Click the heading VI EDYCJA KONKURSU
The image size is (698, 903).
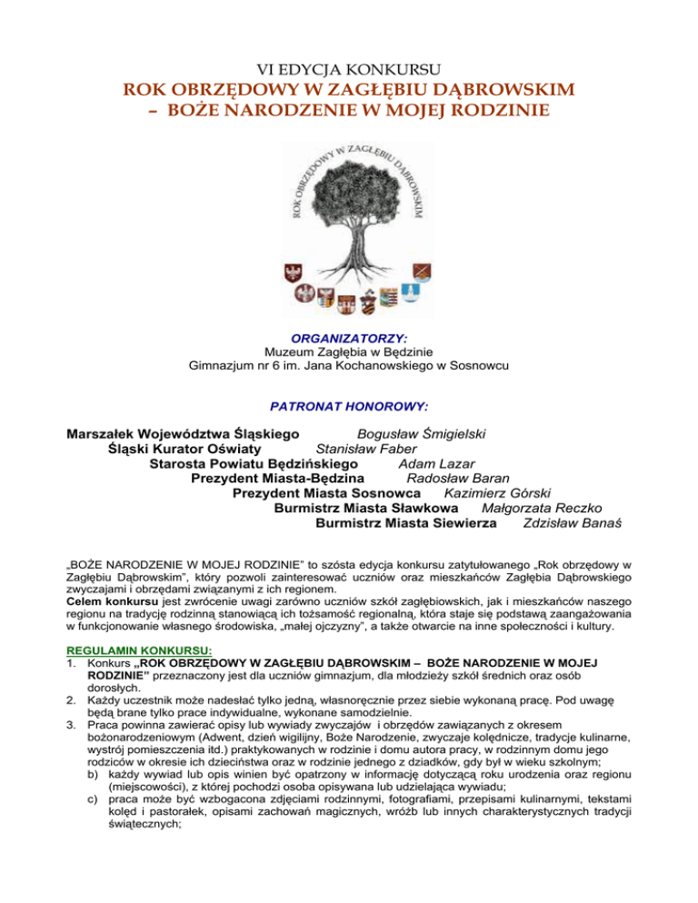[348, 69]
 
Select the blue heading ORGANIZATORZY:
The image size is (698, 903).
[349, 336]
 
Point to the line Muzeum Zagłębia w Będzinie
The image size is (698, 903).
[349, 352]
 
